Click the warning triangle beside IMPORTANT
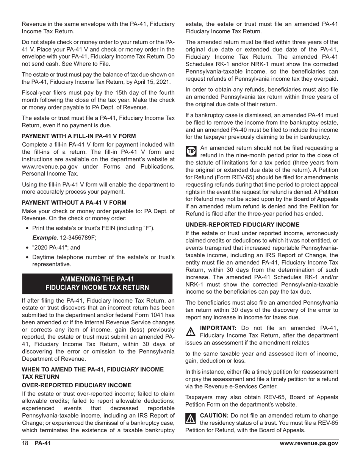190,331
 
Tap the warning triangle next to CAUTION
190,418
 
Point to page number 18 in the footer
25,443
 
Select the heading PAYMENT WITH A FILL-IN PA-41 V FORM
78,136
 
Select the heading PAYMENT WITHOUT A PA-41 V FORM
74,203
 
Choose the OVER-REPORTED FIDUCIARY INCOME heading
77,385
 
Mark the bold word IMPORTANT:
218,328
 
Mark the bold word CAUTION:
214,415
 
